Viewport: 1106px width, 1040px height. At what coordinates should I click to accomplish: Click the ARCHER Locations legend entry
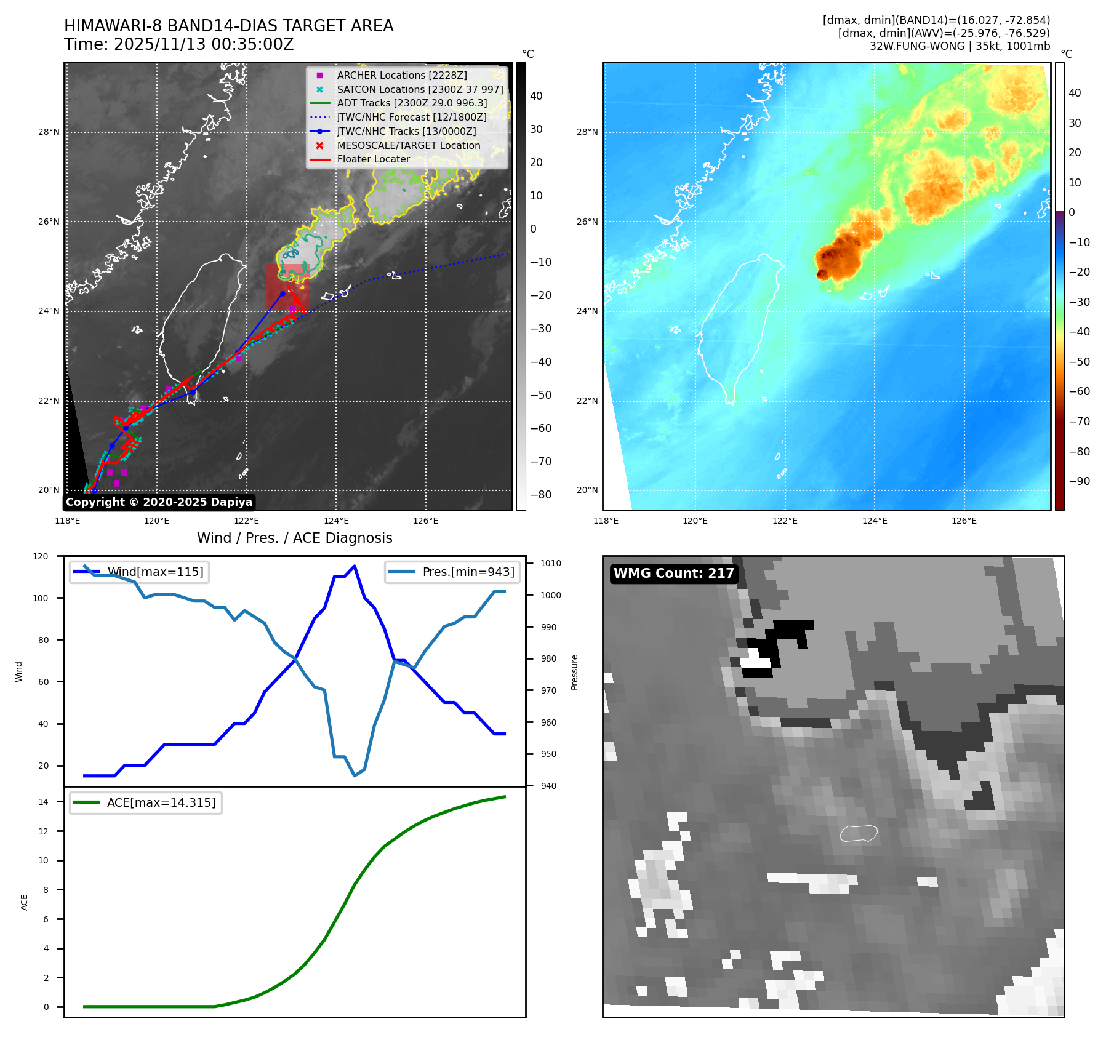401,75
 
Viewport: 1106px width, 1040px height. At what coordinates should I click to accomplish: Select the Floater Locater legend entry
373,159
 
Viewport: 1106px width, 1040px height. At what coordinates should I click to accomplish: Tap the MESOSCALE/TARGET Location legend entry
408,145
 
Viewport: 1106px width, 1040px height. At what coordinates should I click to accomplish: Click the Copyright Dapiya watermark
159,502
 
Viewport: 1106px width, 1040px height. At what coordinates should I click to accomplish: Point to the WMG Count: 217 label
673,574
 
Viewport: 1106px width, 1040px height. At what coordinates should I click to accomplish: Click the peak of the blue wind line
354,566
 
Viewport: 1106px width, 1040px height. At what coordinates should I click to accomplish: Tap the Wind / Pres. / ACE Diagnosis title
294,538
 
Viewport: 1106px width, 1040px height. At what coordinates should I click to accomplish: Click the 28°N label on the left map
49,132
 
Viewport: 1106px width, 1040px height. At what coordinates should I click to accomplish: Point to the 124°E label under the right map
875,521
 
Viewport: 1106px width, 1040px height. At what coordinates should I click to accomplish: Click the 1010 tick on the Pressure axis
550,563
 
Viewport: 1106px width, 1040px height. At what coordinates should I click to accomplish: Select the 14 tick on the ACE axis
43,802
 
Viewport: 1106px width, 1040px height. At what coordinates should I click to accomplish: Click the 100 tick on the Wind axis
41,598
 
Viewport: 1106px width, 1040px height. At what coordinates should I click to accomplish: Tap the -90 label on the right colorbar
1079,481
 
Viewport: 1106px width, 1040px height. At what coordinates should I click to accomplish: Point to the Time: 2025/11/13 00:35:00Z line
178,44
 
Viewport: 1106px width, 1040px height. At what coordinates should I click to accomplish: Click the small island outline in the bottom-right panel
859,833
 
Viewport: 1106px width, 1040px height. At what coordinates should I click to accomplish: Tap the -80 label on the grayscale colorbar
541,495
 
